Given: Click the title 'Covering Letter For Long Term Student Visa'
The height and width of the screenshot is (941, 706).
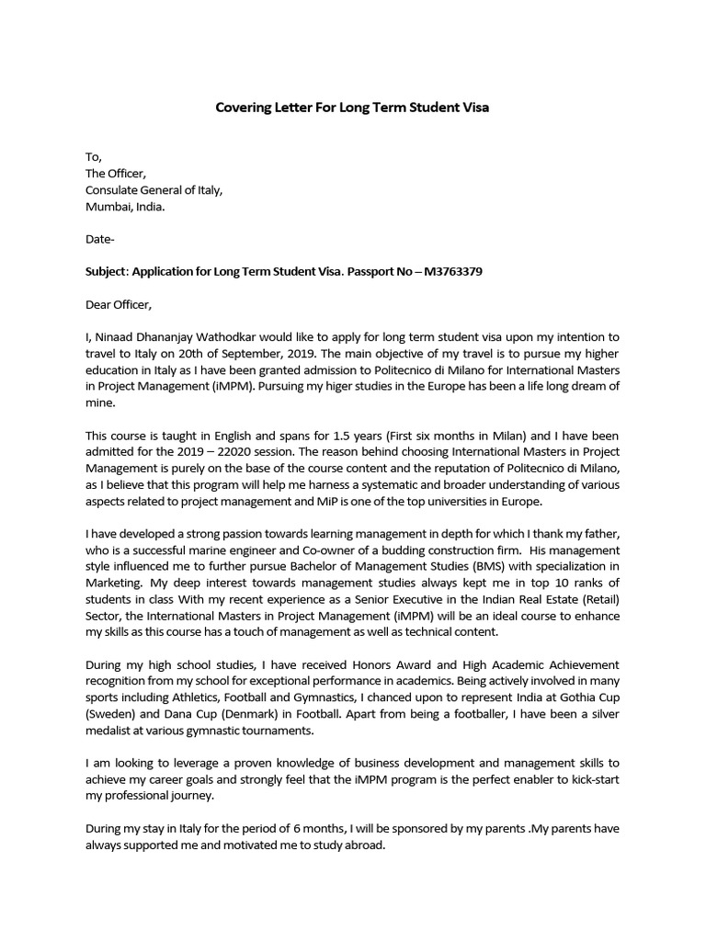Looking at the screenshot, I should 353,108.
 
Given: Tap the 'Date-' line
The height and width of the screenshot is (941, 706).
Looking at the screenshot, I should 100,240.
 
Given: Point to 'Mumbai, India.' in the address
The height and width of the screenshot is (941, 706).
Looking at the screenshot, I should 125,207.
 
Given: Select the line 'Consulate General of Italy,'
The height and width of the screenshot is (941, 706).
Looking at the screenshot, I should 154,190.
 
